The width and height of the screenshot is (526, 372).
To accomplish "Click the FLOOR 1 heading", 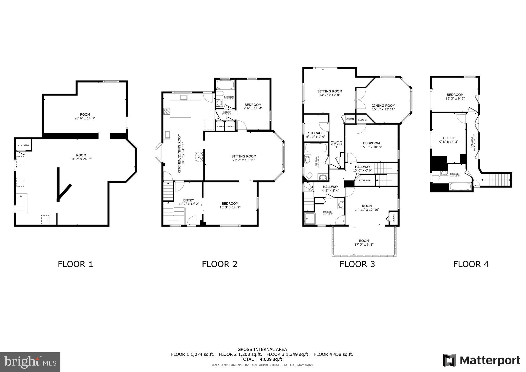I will click(x=75, y=264).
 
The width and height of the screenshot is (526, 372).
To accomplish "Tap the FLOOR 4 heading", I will click(x=471, y=264).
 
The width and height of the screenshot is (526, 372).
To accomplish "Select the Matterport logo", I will click(x=481, y=360).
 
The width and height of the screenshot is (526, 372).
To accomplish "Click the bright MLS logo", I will click(x=30, y=362).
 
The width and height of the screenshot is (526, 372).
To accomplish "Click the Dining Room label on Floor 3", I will click(x=383, y=106).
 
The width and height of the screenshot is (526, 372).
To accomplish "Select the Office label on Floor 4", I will click(x=449, y=138).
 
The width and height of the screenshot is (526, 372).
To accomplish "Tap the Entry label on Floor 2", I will click(x=189, y=200).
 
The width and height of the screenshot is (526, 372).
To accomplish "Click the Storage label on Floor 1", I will click(x=23, y=145).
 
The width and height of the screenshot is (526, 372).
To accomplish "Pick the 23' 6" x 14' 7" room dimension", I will click(x=85, y=118).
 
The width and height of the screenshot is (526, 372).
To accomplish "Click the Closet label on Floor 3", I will click(x=363, y=120).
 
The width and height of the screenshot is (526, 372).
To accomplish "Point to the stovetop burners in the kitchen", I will click(x=167, y=111).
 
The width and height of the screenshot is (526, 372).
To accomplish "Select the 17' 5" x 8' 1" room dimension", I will click(x=364, y=245).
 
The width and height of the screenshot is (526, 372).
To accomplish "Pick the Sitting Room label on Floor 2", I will click(x=244, y=156).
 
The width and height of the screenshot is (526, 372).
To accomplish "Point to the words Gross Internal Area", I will click(x=262, y=349).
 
